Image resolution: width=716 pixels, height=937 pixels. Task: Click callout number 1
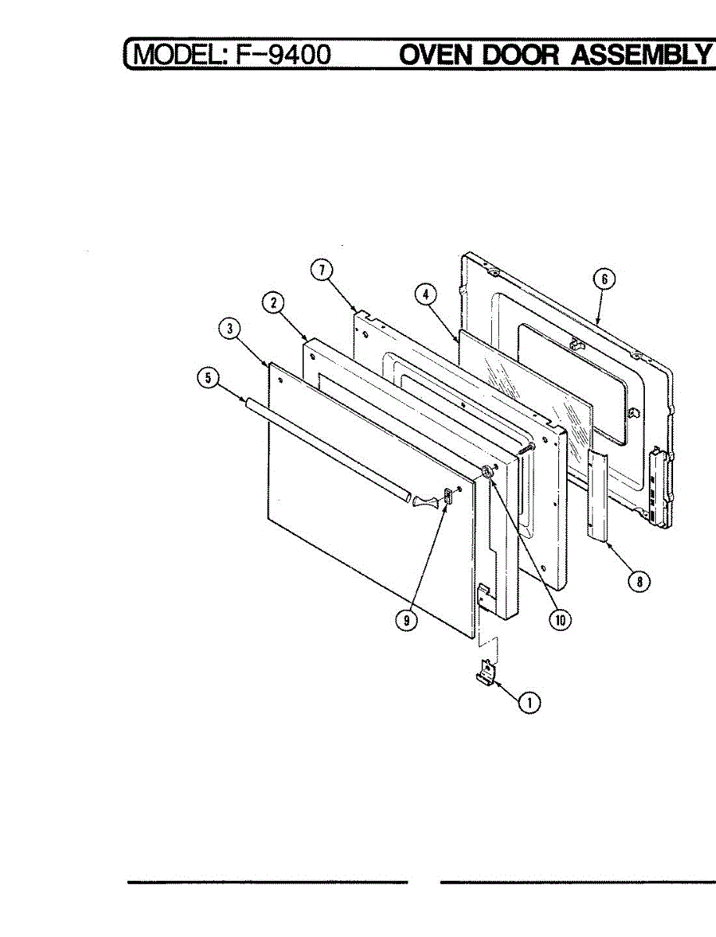[x=530, y=702]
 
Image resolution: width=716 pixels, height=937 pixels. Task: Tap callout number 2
[x=273, y=305]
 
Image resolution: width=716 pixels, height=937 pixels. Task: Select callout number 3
[x=229, y=330]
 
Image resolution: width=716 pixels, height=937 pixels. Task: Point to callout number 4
[x=424, y=294]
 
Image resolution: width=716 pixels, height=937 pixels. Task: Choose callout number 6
[x=607, y=279]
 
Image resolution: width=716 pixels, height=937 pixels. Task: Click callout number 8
[x=639, y=581]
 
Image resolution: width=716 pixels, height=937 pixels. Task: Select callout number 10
[x=560, y=619]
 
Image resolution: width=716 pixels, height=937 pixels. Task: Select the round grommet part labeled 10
[x=487, y=471]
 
